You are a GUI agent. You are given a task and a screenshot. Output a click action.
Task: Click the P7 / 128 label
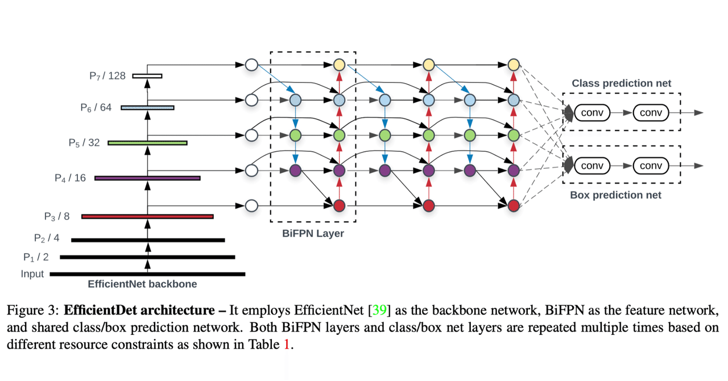(x=107, y=76)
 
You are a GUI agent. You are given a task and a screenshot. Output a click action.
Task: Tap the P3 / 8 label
(x=57, y=216)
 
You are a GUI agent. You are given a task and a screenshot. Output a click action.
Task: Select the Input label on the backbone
(x=32, y=274)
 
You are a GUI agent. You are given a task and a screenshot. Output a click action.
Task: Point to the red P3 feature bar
(x=147, y=216)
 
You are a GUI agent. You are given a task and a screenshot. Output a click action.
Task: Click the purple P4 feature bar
(x=147, y=178)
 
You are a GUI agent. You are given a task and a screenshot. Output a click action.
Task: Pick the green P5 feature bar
(x=147, y=143)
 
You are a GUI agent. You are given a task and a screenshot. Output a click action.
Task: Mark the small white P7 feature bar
(x=147, y=76)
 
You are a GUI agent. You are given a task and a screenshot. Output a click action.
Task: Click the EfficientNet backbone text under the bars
(x=142, y=284)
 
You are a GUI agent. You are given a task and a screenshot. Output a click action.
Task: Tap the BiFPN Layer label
(x=313, y=233)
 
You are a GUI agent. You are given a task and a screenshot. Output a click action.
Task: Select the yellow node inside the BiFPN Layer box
(x=340, y=65)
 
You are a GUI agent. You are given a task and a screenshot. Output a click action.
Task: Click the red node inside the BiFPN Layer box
(x=340, y=205)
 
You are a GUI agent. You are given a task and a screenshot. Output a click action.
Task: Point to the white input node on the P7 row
(x=251, y=65)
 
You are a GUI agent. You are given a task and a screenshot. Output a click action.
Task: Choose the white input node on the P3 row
(x=251, y=205)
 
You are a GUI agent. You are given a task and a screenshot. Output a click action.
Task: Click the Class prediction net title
(x=621, y=83)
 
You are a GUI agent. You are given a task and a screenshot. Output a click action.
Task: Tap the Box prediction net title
(x=615, y=195)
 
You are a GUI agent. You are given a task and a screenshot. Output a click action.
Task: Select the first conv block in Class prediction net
(x=592, y=113)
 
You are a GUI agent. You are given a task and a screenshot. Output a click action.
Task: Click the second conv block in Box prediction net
(x=651, y=166)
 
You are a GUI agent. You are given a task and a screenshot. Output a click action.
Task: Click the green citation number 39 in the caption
(x=379, y=310)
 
